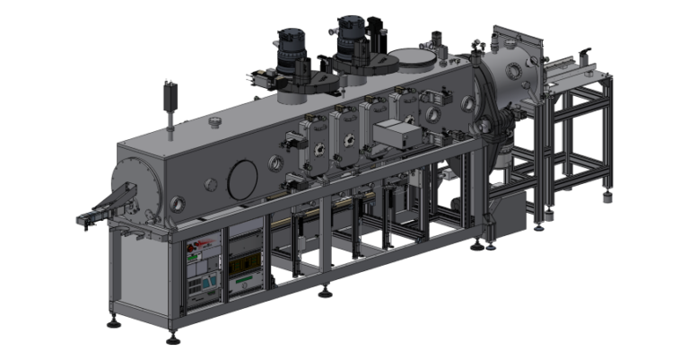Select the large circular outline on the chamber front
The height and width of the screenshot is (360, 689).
click(x=242, y=180)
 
